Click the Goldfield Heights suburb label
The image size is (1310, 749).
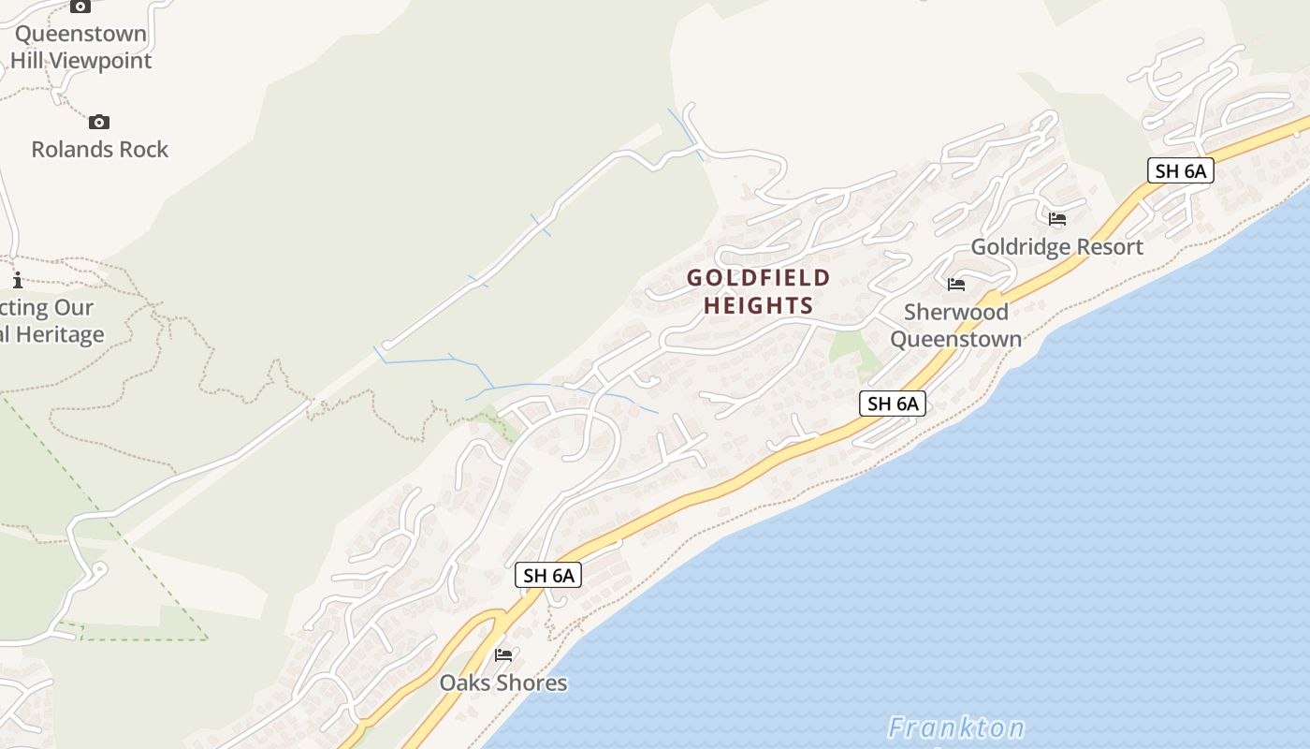758,291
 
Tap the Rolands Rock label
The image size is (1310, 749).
99,150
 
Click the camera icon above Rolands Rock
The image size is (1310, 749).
98,122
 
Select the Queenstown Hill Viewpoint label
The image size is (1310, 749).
80,47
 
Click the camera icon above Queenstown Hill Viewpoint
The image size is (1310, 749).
80,6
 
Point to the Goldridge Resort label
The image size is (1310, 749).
1056,247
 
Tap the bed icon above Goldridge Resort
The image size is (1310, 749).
1057,219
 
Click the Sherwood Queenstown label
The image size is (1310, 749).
955,325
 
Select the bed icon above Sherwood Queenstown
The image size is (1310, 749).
955,285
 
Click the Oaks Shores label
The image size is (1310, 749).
503,683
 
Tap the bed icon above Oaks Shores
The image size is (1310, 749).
503,654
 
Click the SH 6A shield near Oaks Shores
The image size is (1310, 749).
548,575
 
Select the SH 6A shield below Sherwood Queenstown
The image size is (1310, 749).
893,404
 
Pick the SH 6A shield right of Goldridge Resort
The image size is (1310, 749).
1180,170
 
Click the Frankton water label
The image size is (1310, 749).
955,727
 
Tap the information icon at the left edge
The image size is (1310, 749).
17,279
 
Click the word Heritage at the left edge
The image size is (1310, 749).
56,334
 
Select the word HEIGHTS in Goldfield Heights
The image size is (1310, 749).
758,305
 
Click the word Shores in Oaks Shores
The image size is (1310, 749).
531,683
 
